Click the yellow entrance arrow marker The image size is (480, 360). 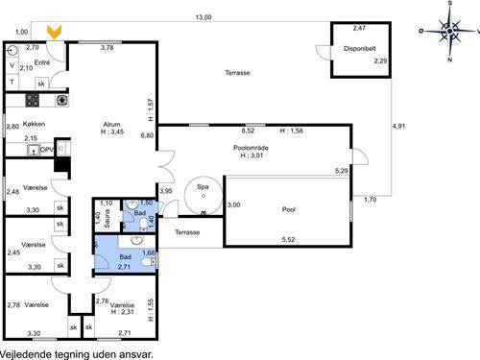55,32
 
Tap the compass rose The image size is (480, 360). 449,31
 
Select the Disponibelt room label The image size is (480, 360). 360,49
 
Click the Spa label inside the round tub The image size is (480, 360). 203,187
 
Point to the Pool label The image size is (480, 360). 289,209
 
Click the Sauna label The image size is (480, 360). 107,219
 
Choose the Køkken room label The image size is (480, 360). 34,124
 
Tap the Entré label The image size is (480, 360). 42,62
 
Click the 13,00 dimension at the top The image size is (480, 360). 204,17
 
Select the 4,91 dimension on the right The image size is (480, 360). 398,126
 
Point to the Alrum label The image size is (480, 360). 111,125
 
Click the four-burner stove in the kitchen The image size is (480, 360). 33,101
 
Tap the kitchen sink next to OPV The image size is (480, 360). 33,150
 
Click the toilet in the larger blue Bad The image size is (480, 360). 149,262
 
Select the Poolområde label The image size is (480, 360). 251,148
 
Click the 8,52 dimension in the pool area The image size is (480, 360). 248,131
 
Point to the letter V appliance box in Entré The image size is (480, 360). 12,66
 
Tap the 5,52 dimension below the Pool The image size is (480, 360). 288,240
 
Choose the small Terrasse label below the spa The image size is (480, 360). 187,232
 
